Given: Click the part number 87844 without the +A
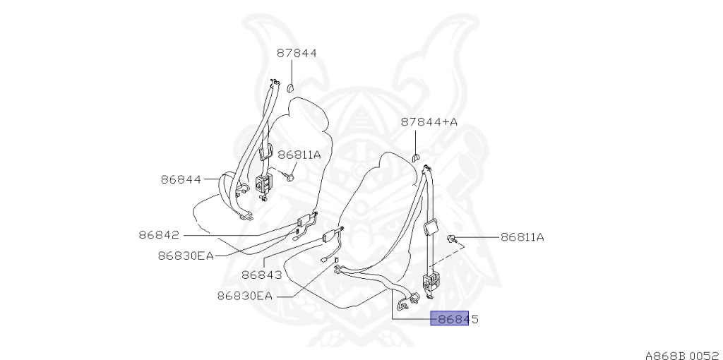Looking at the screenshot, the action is tap(297, 53).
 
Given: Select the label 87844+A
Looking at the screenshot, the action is tap(429, 122).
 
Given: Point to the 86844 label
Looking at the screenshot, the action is tap(181, 179).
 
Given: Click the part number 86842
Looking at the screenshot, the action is tap(158, 235).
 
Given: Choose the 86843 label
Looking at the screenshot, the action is tap(261, 275).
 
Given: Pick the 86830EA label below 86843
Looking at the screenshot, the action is tap(244, 296).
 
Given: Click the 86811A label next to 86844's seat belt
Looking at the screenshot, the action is tap(299, 155).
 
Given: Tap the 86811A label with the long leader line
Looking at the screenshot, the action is tap(522, 237).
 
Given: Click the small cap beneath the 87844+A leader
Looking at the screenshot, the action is tap(417, 156).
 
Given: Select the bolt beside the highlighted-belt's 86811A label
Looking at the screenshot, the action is tap(451, 240).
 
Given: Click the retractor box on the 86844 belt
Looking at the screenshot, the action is tap(265, 183).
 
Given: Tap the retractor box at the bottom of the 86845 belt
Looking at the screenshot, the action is tap(430, 282).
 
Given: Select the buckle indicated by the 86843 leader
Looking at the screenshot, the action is tap(330, 238).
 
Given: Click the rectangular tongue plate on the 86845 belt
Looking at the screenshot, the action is tap(429, 227).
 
